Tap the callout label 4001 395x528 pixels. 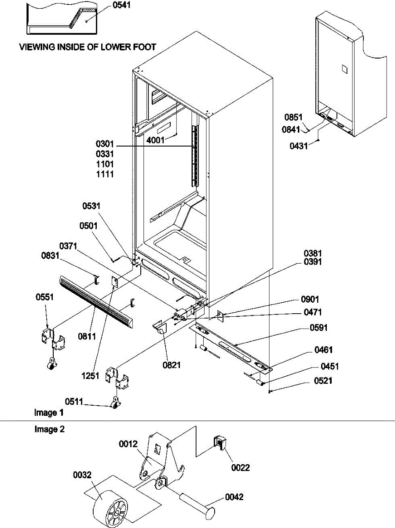tap(155, 140)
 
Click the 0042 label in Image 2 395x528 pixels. tap(234, 497)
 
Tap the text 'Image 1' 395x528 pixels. tap(49, 413)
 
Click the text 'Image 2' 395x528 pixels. tap(49, 429)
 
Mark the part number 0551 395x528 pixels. tap(45, 297)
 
